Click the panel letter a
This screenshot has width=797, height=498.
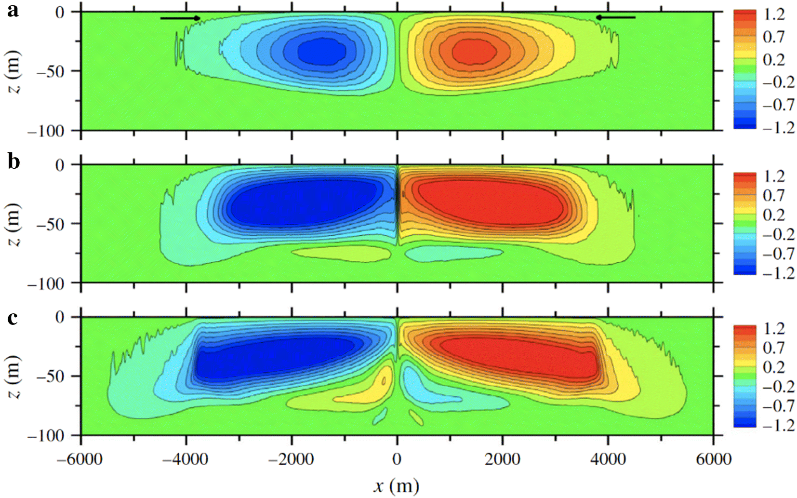pos(13,11)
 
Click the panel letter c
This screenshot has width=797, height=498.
pos(13,318)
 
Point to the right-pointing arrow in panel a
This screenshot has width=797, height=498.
pos(180,18)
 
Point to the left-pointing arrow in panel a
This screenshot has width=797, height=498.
pos(615,17)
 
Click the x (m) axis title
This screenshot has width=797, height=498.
pos(396,485)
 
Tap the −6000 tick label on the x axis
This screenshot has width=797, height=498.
pos(80,459)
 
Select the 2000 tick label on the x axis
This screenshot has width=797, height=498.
pos(503,459)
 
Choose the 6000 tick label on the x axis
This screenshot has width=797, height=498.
pos(714,459)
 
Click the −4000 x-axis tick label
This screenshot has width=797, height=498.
pos(185,459)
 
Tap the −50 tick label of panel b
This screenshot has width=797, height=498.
pos(49,224)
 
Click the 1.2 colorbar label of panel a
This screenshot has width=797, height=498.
pos(774,14)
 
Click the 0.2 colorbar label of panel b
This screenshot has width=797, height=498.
pos(774,215)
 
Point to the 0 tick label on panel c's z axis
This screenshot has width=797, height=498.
pos(60,317)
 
